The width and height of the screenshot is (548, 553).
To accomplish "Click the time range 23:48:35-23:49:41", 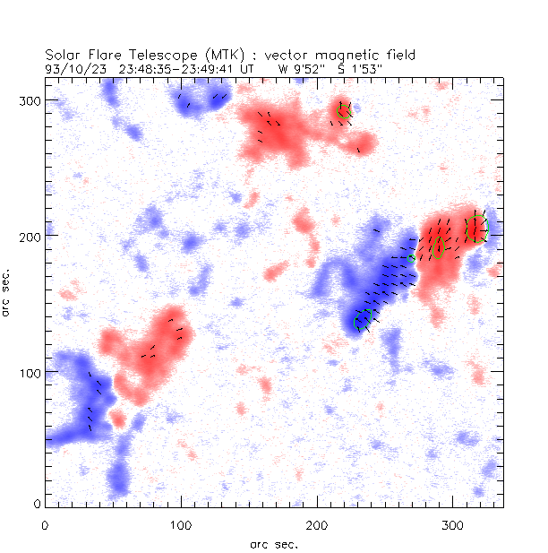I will point(179,68).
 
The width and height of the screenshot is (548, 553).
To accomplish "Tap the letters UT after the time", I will point(249,68).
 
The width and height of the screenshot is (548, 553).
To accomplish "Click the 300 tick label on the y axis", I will point(30,99).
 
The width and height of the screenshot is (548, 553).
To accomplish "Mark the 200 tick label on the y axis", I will point(30,236).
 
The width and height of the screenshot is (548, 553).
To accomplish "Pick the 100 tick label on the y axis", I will point(30,372).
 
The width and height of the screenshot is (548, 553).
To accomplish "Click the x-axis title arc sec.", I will point(274,543).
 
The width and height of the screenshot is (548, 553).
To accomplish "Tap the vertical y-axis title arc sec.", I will point(9,291).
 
